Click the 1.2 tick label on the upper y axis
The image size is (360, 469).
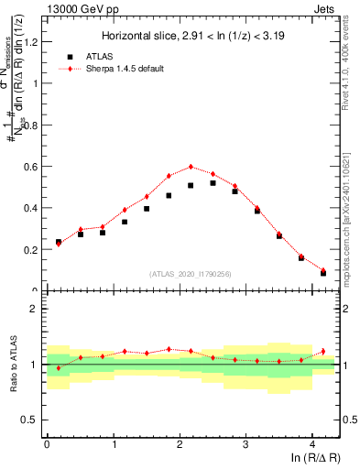(x=33, y=41)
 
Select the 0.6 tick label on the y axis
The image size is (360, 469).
(x=33, y=166)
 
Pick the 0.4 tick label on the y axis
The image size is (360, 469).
(x=33, y=208)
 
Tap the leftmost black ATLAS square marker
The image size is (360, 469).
(x=58, y=242)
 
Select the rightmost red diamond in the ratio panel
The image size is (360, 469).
(x=323, y=350)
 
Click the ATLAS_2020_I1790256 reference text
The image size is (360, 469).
(x=191, y=274)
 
